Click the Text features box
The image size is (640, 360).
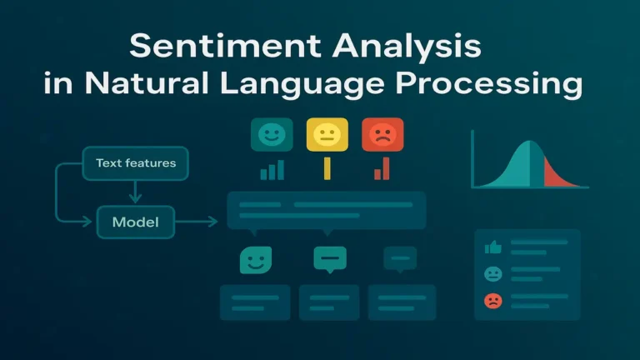135,163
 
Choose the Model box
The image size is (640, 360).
135,222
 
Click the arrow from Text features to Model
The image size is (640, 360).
135,193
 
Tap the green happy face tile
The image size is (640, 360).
272,134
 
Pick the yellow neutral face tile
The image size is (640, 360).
327,134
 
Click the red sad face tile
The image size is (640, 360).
382,134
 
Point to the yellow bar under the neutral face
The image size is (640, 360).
327,168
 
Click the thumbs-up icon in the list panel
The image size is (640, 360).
492,247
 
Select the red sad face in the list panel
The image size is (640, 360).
492,301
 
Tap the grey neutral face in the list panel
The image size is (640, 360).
492,274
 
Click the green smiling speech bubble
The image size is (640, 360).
255,261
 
